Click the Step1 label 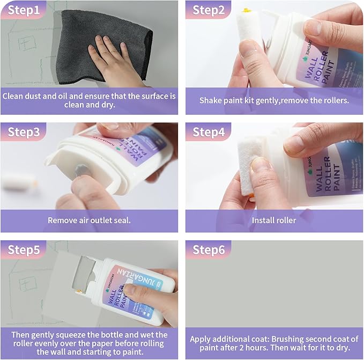pos(22,10)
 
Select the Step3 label pos(23,132)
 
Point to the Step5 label pos(23,250)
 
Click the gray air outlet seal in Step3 pos(81,171)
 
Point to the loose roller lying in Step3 pos(19,181)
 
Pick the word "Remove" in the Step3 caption pos(63,220)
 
